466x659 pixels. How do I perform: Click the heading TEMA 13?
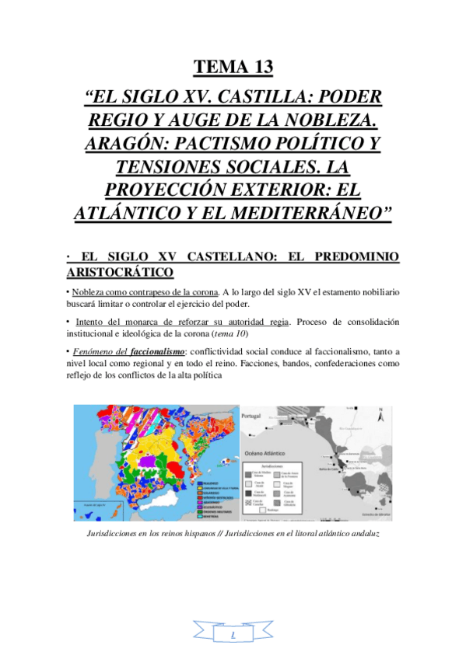point(233,67)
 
